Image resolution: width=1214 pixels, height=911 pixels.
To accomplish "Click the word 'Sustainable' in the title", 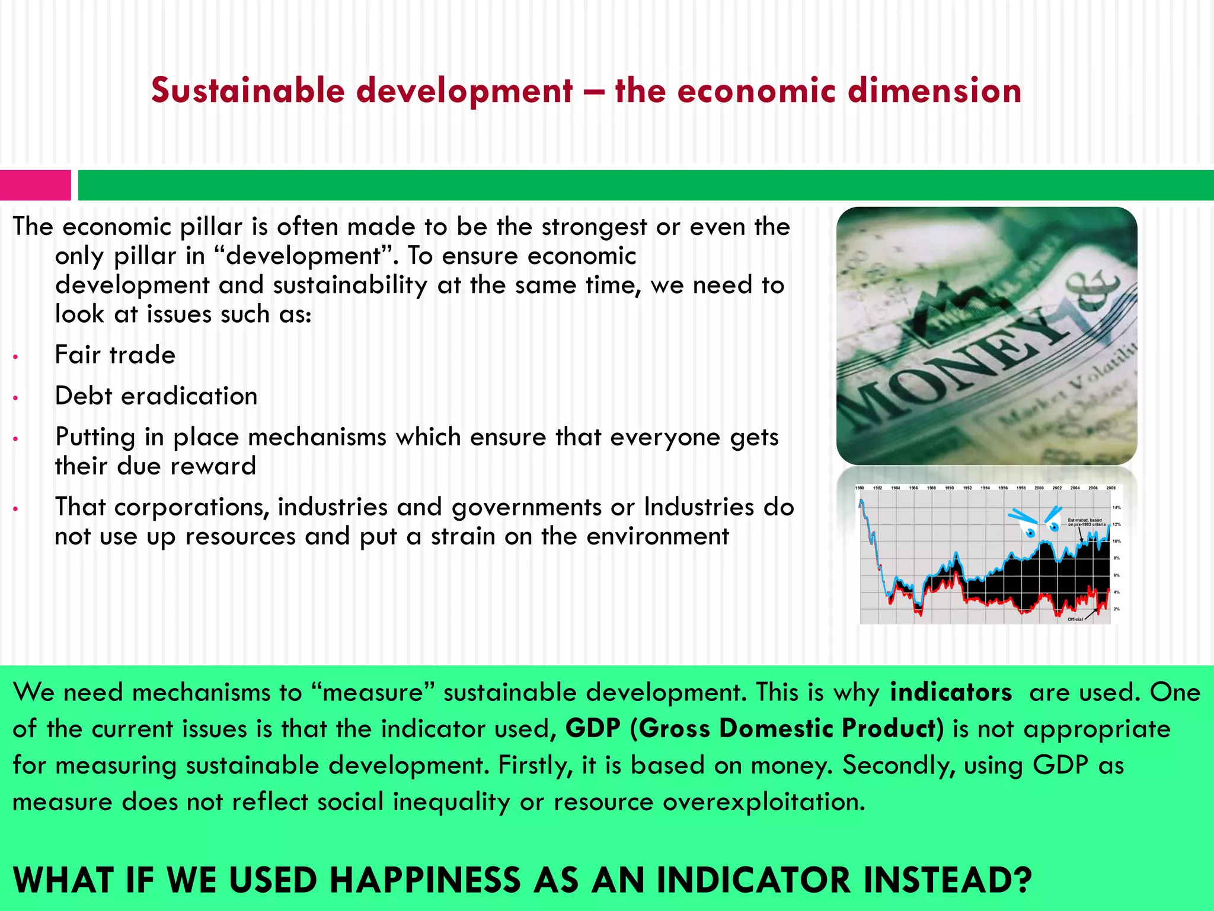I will pos(248,91).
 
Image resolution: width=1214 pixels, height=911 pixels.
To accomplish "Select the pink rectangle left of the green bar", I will pos(35,185).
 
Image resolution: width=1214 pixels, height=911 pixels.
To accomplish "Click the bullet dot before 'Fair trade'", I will pos(16,357).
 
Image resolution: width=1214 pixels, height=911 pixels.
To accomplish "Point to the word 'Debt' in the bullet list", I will pos(83,396).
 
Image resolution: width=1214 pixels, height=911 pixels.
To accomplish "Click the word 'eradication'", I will pos(189,396).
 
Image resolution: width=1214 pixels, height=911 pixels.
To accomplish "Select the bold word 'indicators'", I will pos(951,692).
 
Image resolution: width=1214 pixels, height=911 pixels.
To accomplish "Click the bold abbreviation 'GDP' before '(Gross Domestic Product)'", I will pos(593,728).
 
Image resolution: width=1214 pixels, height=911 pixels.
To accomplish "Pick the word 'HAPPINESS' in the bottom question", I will pos(424,880).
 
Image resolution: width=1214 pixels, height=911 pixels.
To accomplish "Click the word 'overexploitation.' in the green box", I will pos(764,802).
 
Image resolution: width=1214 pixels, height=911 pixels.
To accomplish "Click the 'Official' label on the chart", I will pos(1075,619).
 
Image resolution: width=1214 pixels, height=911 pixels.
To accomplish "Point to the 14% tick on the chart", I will pos(1117,508).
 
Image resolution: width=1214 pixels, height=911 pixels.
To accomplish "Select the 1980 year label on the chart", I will pos(860,488).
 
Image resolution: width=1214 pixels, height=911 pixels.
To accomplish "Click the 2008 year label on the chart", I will pos(1111,488).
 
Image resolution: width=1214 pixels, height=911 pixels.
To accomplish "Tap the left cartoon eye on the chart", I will pos(1030,532).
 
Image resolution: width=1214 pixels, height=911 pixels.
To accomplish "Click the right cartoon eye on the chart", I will pos(1054,526).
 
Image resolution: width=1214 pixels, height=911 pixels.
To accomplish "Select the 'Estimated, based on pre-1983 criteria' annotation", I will pos(1086,522).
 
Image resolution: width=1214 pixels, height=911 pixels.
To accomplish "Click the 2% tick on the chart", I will pos(1117,609).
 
